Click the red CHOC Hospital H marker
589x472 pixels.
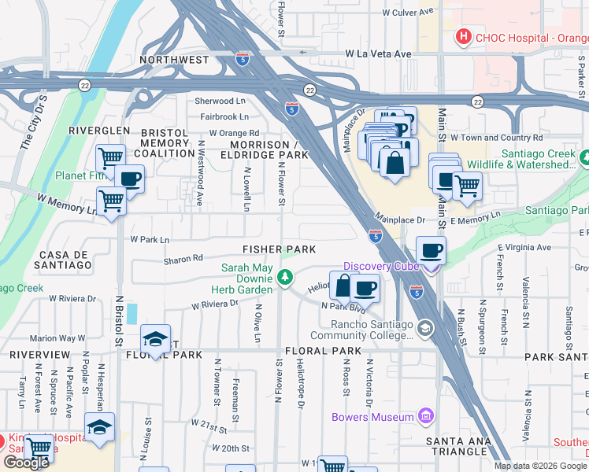[465, 35]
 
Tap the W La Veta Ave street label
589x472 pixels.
[378, 54]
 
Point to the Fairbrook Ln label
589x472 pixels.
[224, 116]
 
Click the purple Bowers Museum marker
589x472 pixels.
[426, 415]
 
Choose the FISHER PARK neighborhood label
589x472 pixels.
[279, 249]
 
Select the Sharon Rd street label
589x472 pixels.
[183, 258]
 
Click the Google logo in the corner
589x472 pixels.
[26, 462]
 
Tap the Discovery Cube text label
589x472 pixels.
[378, 266]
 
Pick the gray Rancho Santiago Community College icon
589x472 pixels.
[425, 327]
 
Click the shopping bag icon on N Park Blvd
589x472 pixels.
[343, 286]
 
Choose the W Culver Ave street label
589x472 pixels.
[408, 13]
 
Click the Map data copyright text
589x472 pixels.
[540, 466]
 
